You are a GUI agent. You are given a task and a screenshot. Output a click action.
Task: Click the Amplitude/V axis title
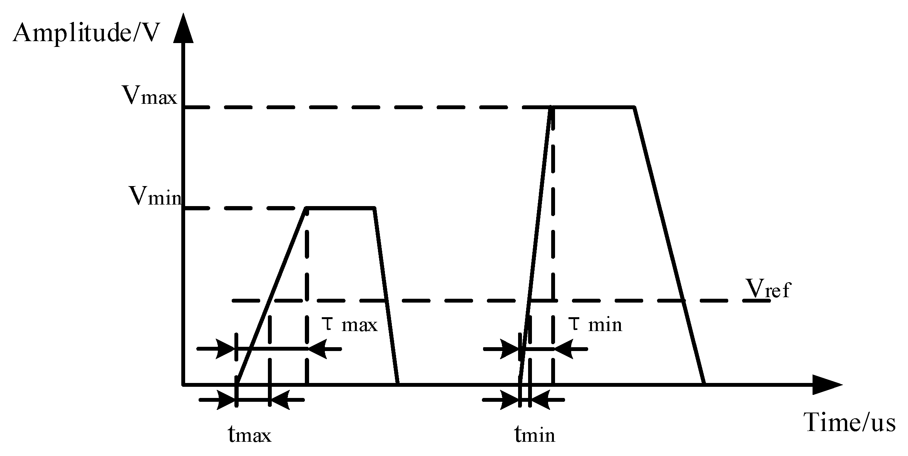click(85, 34)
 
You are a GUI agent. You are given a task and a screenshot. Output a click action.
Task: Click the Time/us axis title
click(849, 423)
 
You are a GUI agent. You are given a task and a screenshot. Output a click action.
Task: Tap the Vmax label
click(149, 95)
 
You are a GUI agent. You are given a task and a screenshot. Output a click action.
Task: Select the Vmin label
click(155, 196)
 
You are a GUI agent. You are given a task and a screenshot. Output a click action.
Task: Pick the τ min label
click(595, 325)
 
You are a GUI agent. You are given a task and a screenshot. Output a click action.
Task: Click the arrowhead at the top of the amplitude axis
click(183, 29)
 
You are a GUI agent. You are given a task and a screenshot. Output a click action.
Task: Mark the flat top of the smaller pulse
click(340, 208)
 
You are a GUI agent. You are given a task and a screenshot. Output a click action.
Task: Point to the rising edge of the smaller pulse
click(272, 296)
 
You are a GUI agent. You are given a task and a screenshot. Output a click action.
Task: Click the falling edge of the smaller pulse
click(386, 296)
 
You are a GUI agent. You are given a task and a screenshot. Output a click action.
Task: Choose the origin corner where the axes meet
click(184, 384)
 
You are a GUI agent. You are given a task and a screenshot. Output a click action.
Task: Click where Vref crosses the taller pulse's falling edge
click(683, 301)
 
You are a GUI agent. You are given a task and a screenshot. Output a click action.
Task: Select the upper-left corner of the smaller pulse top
click(307, 208)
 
